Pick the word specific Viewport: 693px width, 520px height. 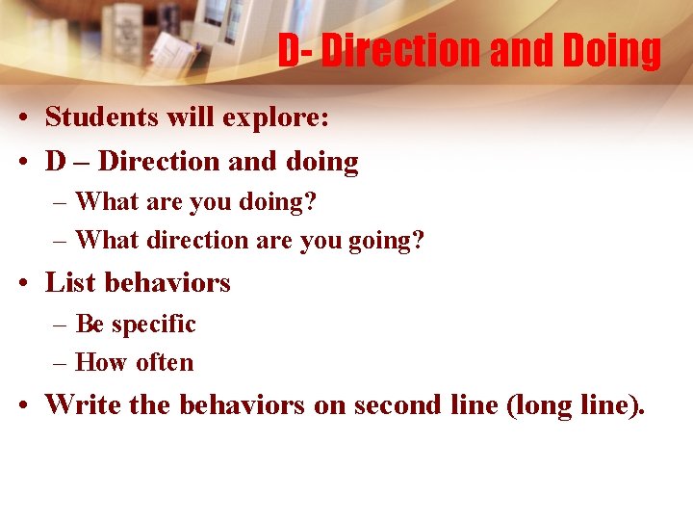click(154, 325)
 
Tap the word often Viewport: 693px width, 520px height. click(165, 363)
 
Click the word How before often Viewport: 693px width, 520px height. click(102, 363)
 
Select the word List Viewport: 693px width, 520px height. click(70, 283)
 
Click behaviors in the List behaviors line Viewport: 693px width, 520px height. click(168, 283)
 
